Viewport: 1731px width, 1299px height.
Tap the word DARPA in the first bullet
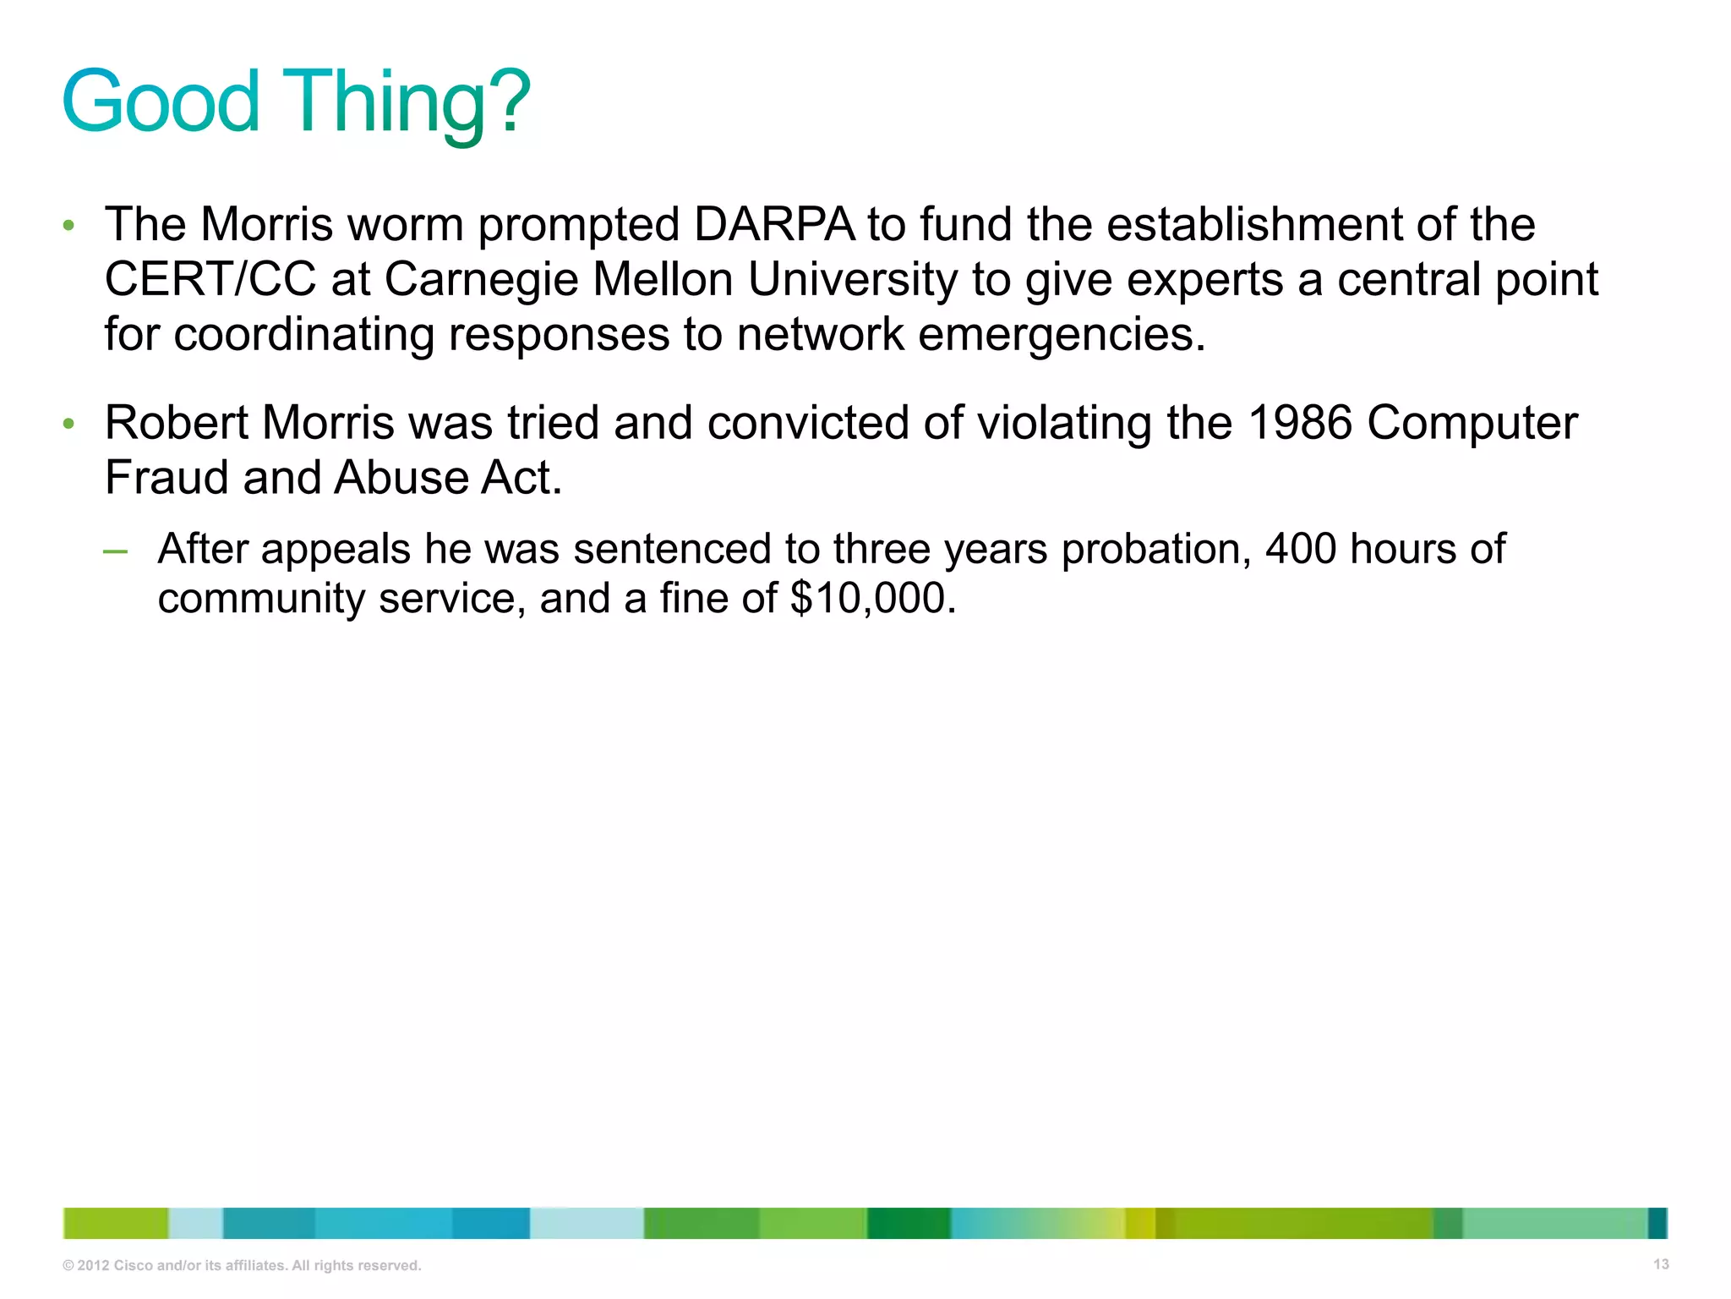pos(773,225)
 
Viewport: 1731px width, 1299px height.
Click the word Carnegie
pos(481,280)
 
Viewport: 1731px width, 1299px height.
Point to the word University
pos(853,280)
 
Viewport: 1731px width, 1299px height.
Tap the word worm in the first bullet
pos(406,225)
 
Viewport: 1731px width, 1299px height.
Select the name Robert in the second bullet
pos(176,423)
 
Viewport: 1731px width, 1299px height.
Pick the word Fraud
pos(167,478)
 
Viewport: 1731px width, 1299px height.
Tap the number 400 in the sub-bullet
pos(1300,549)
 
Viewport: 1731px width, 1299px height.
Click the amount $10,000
pos(872,599)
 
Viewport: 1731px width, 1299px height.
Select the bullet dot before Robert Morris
pos(68,424)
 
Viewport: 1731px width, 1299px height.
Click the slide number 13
pos(1660,1264)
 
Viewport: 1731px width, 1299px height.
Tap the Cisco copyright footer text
pos(242,1265)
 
